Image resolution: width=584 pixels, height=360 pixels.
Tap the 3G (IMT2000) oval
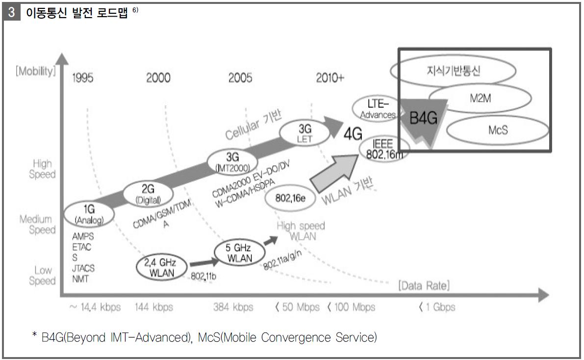pos(232,161)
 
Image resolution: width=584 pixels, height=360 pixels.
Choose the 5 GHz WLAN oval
pos(239,253)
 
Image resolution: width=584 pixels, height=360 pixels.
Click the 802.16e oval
pos(290,198)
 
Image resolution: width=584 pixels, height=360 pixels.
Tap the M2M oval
pos(480,99)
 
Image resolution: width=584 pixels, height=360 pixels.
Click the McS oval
pos(498,129)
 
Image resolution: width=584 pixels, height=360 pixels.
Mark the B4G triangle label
pos(423,118)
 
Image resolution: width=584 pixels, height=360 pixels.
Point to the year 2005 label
pos(240,78)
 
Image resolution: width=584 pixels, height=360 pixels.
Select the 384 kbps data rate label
pos(233,307)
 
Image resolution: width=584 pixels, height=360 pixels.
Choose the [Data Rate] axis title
pos(424,285)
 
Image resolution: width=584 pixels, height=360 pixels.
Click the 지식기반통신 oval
pos(453,71)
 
